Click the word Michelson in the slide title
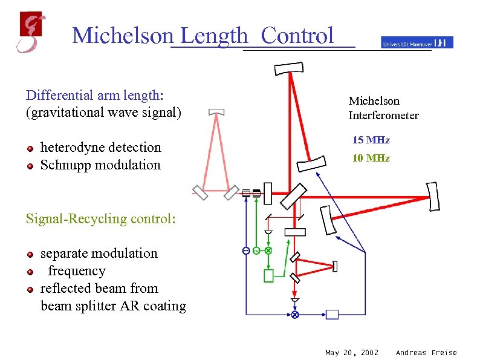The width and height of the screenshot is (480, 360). [x=122, y=36]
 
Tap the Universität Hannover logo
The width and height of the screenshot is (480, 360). [x=417, y=42]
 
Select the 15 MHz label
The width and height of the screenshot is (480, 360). [x=371, y=140]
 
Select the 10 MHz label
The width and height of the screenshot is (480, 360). [x=371, y=159]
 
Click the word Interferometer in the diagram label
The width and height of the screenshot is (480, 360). [x=383, y=116]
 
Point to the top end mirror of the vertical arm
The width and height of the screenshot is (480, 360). [x=290, y=68]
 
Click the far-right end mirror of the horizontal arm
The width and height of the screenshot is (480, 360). [x=433, y=196]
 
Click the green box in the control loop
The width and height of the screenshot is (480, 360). [x=268, y=276]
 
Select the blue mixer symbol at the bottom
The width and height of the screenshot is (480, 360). [x=295, y=315]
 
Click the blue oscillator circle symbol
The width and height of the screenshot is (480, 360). [x=246, y=250]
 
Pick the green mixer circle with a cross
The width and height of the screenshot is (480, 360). [x=268, y=250]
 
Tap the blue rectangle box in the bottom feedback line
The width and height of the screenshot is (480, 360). [x=332, y=314]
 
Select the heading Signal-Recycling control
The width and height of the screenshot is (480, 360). [x=100, y=218]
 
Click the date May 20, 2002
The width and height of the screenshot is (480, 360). [x=352, y=353]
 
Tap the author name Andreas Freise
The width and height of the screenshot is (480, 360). [x=426, y=353]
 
